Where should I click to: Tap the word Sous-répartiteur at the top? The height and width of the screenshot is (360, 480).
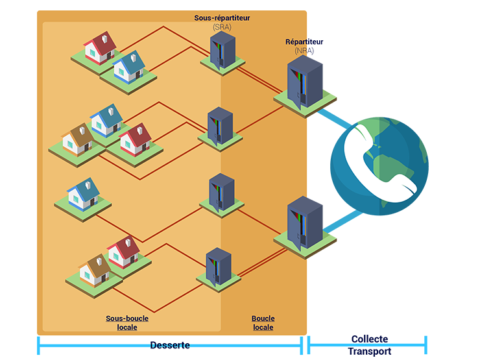[222, 18]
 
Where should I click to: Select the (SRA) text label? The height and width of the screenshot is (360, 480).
[222, 27]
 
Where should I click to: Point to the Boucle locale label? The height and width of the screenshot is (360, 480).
[263, 322]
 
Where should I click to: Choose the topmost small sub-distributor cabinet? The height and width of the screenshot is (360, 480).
[222, 51]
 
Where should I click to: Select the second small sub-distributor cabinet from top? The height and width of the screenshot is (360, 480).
[220, 125]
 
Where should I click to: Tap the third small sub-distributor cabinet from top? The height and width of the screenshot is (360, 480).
[221, 192]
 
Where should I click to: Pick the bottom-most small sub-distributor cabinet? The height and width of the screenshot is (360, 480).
[219, 266]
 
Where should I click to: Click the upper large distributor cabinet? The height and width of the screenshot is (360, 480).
[304, 81]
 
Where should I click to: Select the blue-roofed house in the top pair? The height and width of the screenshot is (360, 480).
[130, 66]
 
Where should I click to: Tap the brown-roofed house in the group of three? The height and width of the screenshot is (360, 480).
[77, 139]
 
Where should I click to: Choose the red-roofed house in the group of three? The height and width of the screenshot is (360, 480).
[135, 139]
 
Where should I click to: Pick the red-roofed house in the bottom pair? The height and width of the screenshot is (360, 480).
[123, 252]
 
